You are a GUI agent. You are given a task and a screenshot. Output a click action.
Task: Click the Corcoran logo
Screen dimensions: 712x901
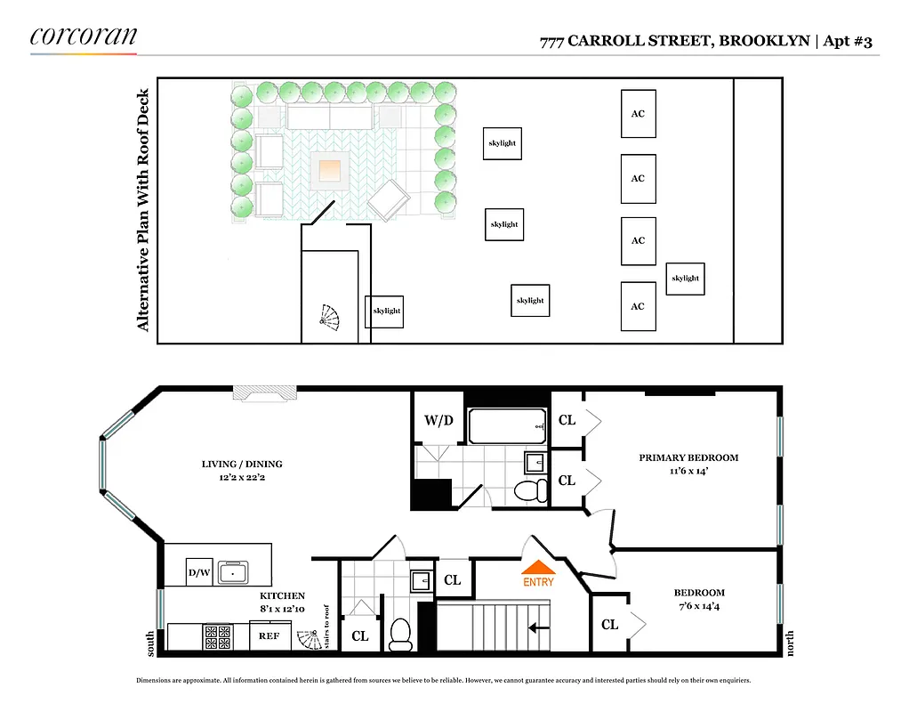pyautogui.click(x=84, y=36)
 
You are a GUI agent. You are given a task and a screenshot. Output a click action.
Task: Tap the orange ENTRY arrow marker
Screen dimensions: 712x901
pyautogui.click(x=538, y=568)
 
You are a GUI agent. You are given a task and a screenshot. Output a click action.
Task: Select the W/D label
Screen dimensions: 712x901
pyautogui.click(x=437, y=420)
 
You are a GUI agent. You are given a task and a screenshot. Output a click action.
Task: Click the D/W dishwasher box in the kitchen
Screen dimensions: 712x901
pyautogui.click(x=198, y=572)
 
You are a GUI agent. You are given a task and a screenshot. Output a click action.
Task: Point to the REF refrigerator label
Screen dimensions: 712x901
pyautogui.click(x=269, y=636)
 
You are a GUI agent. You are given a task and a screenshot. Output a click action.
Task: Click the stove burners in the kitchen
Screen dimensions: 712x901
pyautogui.click(x=218, y=636)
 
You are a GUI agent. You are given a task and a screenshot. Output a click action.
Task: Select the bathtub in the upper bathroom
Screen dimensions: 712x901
pyautogui.click(x=506, y=426)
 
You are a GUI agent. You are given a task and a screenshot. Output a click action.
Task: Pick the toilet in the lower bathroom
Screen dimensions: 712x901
pyautogui.click(x=400, y=633)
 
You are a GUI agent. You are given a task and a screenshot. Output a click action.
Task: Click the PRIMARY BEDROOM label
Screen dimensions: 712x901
pyautogui.click(x=688, y=457)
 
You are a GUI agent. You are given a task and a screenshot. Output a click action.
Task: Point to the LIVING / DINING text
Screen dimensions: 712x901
pyautogui.click(x=242, y=464)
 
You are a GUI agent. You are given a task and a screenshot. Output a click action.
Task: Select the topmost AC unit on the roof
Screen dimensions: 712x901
pyautogui.click(x=638, y=114)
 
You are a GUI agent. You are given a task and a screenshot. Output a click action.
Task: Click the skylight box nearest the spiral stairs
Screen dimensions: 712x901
pyautogui.click(x=385, y=311)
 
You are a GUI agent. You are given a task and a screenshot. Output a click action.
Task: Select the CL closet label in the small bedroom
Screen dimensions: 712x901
pyautogui.click(x=609, y=625)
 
